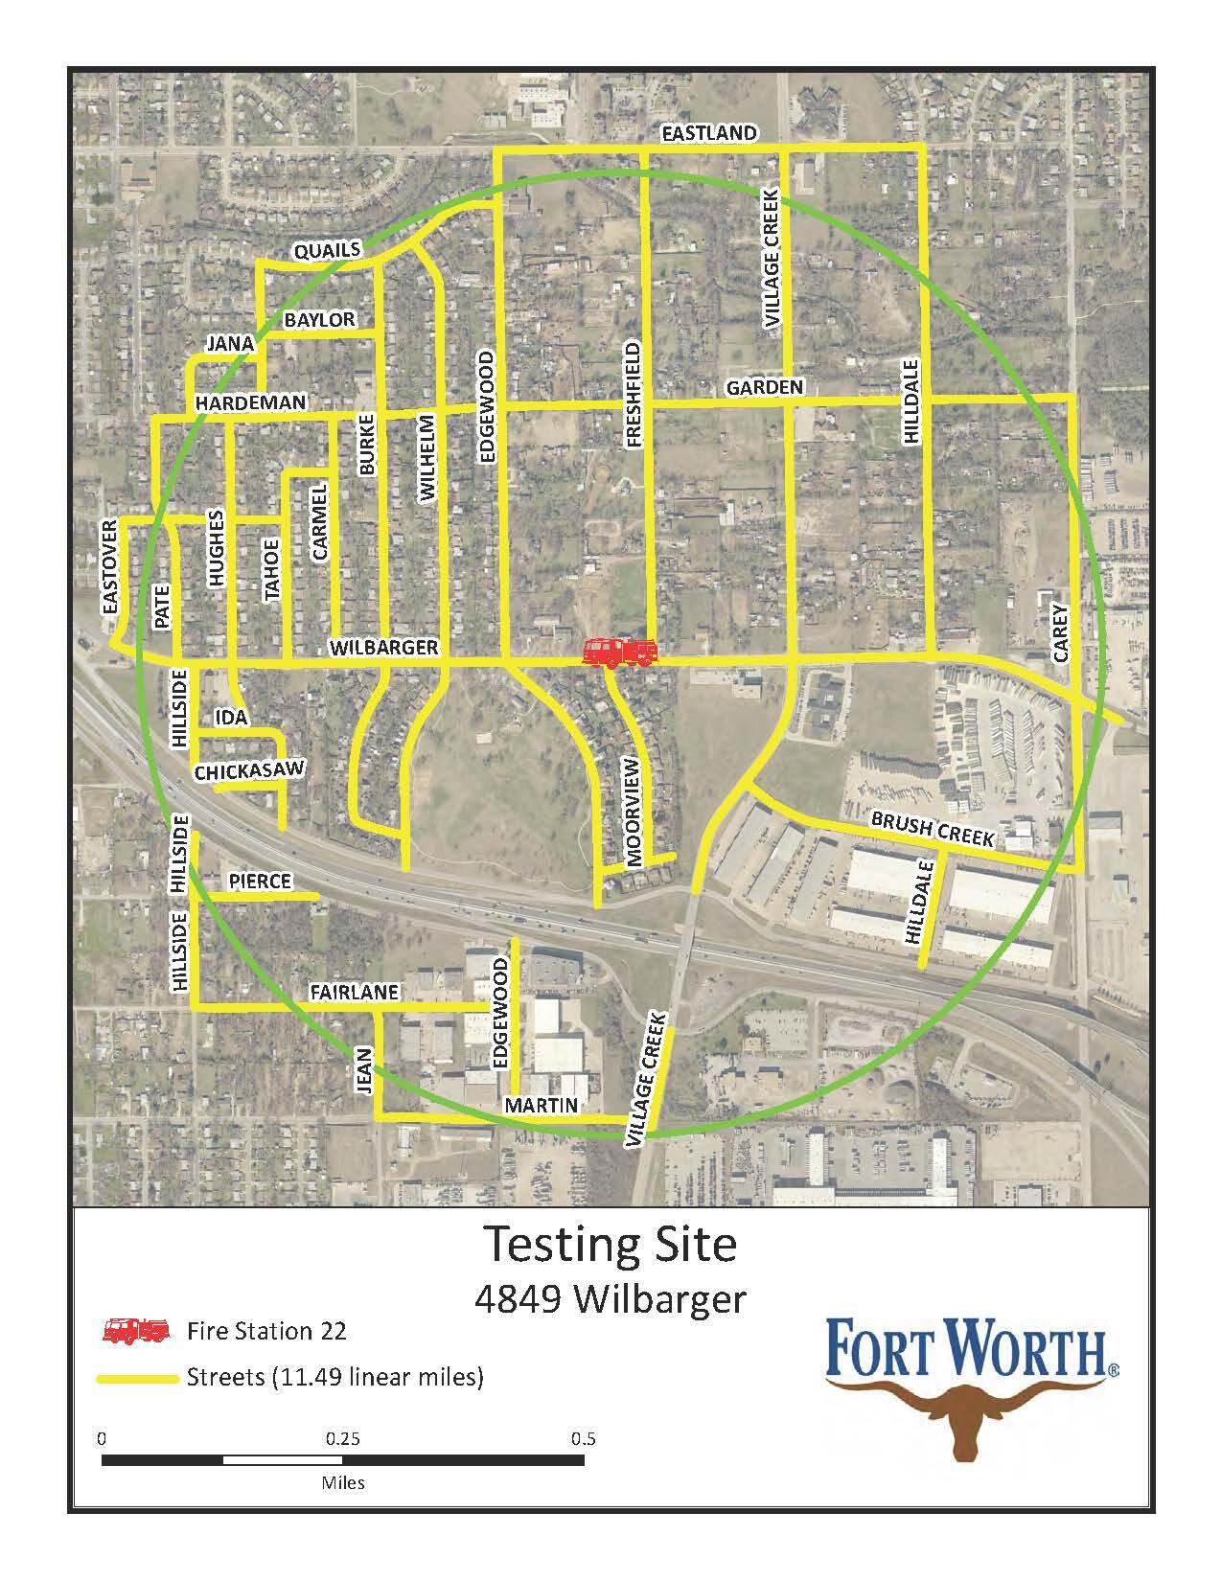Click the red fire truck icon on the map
click(620, 653)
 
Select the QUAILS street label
click(327, 251)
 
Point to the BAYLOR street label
click(320, 319)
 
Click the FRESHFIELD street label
click(633, 393)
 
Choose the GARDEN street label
click(764, 387)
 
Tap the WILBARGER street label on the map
click(383, 648)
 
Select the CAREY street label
click(1059, 632)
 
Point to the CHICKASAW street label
click(249, 770)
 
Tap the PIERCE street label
click(260, 881)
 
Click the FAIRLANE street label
click(354, 993)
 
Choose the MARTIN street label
click(542, 1106)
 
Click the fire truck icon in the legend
click(135, 1331)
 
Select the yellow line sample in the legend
click(136, 1379)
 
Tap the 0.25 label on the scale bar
click(342, 1438)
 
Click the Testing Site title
click(610, 1244)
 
